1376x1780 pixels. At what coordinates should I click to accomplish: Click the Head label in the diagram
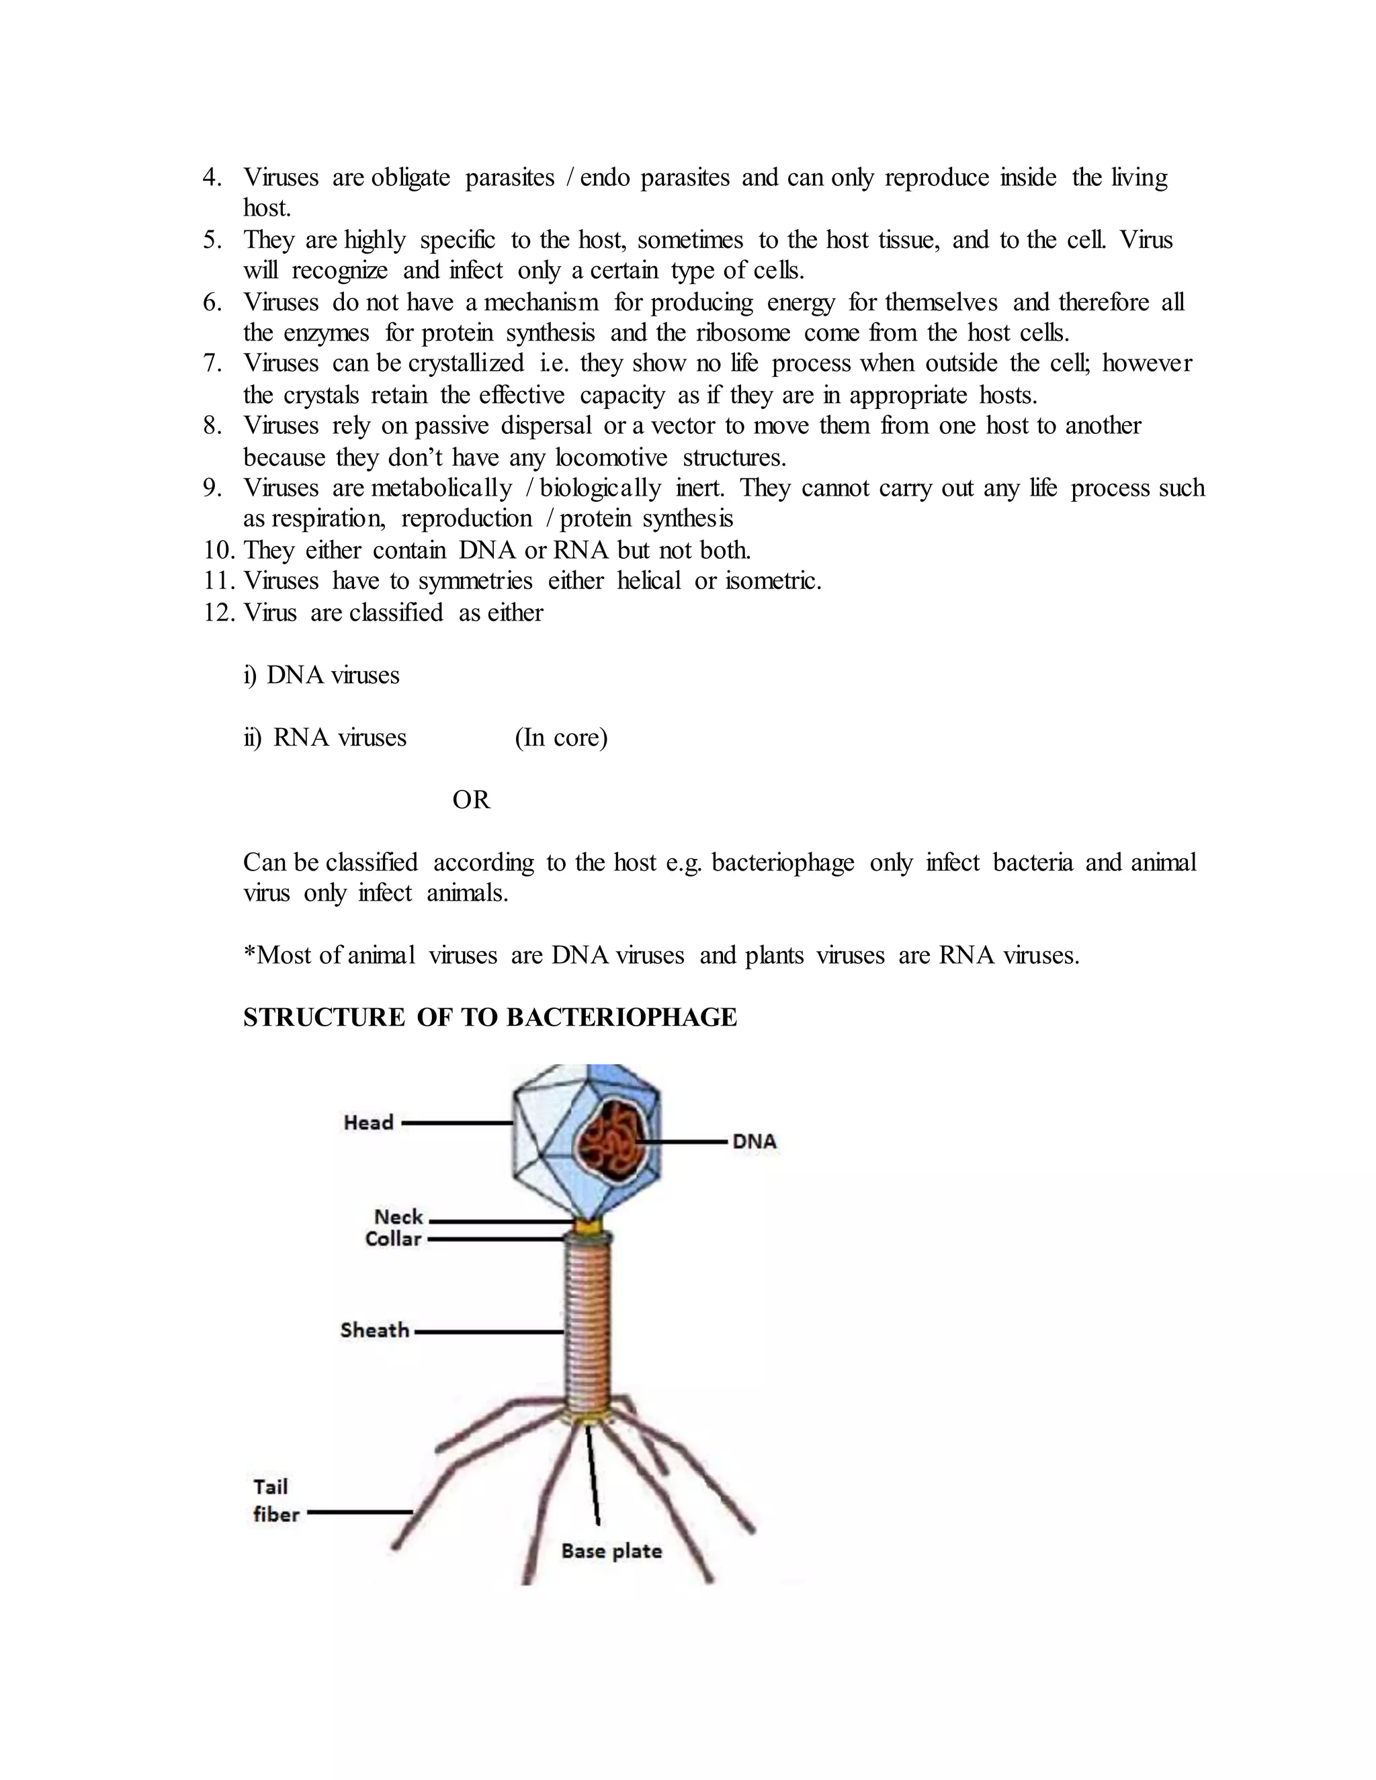point(368,1122)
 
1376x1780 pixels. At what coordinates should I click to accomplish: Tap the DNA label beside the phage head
point(754,1142)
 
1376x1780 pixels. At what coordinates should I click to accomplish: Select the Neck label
point(398,1217)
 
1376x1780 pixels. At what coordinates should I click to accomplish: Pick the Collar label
point(393,1239)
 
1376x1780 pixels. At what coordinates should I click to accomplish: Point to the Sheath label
point(374,1330)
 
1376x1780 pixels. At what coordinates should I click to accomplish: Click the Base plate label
point(611,1550)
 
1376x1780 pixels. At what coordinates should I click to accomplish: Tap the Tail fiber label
point(275,1501)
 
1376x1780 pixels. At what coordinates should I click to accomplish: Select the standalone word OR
point(471,799)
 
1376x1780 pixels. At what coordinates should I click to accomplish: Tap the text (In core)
point(561,738)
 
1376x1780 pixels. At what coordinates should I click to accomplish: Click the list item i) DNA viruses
point(321,675)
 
